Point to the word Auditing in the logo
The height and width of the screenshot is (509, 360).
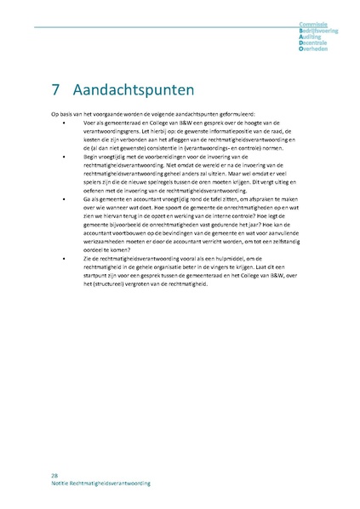click(x=322, y=37)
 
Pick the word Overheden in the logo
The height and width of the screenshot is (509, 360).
click(x=323, y=49)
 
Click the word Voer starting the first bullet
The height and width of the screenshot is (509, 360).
click(x=89, y=122)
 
